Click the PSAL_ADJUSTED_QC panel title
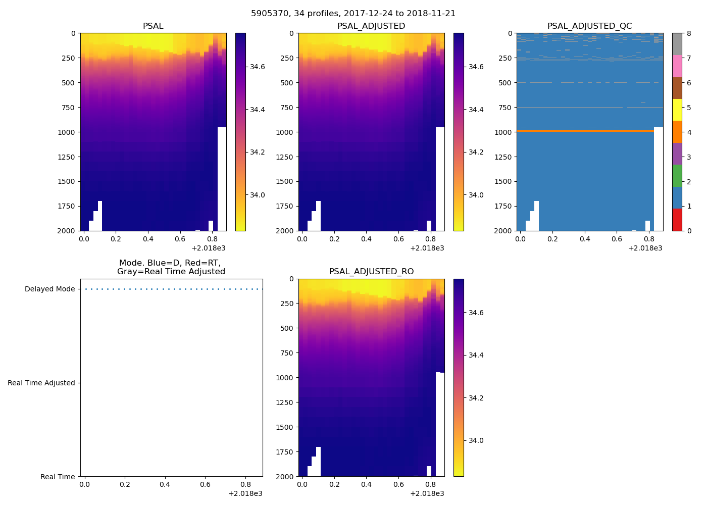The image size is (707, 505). click(589, 26)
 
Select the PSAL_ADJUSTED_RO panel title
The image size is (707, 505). click(371, 272)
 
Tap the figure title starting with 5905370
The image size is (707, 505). click(353, 14)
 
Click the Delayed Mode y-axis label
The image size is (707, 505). click(49, 289)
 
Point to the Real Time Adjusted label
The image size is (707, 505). click(41, 383)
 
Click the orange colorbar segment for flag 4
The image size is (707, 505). click(677, 132)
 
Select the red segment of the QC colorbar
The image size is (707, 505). click(677, 220)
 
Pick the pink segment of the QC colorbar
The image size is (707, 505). click(677, 66)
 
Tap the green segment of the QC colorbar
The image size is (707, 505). click(677, 176)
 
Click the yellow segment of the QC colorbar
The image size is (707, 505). click(677, 110)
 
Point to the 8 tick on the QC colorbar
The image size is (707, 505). click(689, 33)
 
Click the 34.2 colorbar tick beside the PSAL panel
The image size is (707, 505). click(258, 153)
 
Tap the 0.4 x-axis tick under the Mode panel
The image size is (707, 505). click(165, 484)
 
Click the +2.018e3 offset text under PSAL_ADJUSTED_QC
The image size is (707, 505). click(645, 248)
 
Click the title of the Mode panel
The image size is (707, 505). click(171, 267)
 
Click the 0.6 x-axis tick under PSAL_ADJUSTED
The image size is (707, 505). click(398, 239)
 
